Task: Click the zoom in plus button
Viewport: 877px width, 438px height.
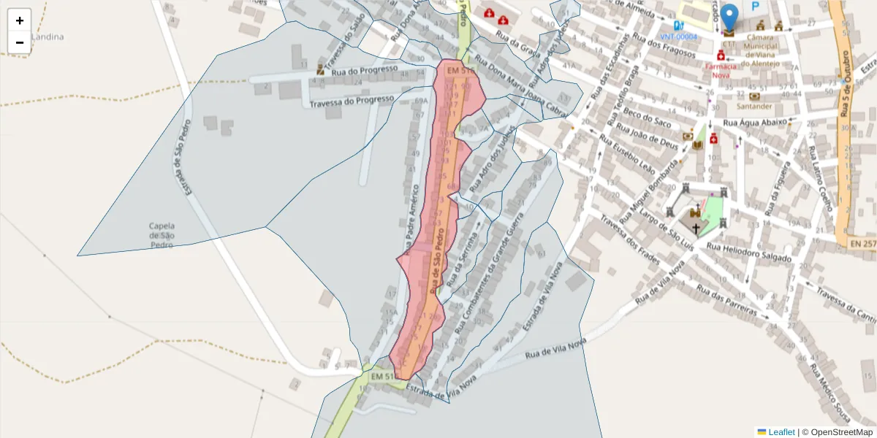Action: [20, 20]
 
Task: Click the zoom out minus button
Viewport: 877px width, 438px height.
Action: [20, 42]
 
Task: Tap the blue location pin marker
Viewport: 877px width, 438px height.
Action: [729, 18]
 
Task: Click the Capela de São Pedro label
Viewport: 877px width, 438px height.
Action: [162, 235]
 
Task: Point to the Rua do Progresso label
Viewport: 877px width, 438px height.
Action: [364, 70]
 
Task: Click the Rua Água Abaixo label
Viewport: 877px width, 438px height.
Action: [755, 123]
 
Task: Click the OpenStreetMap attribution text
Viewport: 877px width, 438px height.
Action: [838, 432]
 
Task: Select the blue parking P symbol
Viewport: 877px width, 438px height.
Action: [756, 6]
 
